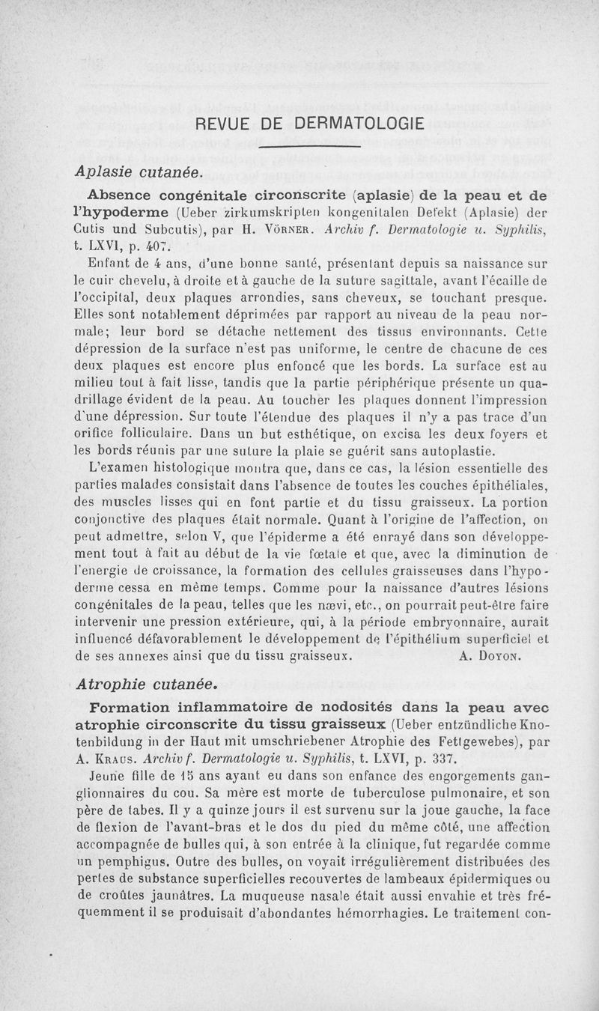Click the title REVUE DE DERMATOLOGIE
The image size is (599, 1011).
(308, 124)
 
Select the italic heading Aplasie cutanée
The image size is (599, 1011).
(139, 171)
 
